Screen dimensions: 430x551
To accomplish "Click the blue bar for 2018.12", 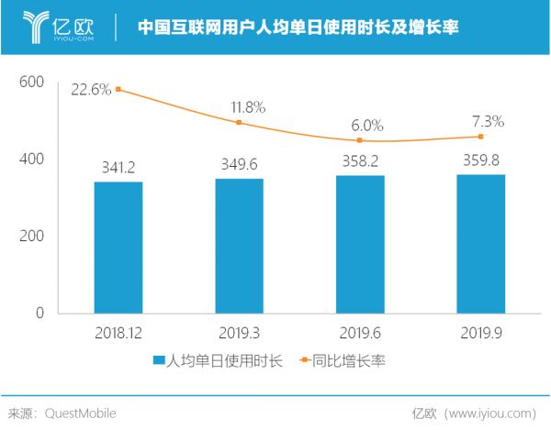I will (118, 248).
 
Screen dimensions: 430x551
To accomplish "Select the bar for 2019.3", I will (239, 246).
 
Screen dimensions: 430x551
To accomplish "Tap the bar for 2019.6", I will (360, 244).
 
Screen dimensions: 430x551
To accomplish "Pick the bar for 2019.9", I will (481, 244).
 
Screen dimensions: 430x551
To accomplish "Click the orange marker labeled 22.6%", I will (118, 89).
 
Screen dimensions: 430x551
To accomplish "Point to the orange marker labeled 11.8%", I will (239, 122).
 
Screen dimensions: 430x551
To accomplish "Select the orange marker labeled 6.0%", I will (360, 140).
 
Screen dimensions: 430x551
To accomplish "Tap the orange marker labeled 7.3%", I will (481, 137).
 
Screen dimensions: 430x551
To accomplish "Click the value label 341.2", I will (118, 168).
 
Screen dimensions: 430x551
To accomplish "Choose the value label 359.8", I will (481, 160).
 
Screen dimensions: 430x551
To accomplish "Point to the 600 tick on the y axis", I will (32, 82).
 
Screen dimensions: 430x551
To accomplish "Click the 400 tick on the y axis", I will (32, 159).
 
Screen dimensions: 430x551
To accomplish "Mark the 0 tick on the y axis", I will (39, 313).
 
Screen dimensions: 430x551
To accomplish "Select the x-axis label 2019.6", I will (360, 333).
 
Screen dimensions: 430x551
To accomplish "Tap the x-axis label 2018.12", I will (118, 333).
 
